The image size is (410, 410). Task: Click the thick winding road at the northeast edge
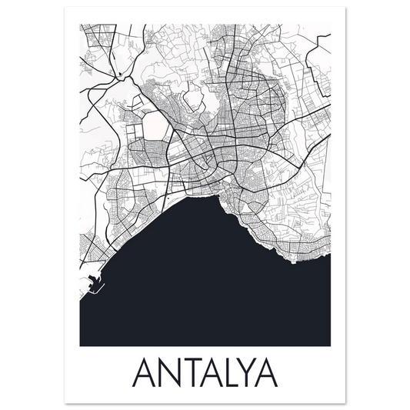315,50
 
